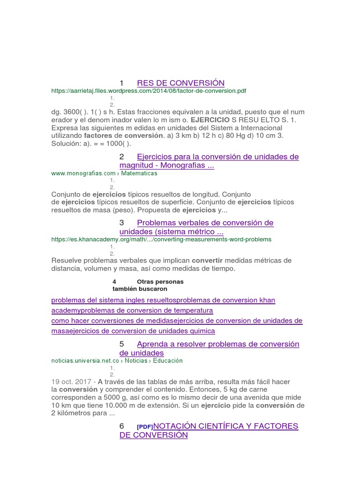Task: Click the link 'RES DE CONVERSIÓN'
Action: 180,83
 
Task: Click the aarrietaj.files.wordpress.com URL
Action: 149,91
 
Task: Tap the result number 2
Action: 122,157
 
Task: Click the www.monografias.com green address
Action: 83,173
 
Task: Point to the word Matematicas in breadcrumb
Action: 139,173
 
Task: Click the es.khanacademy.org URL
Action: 161,239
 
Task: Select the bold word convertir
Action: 208,260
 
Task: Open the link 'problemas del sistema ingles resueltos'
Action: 115,300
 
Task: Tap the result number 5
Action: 122,344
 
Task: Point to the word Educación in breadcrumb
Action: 167,360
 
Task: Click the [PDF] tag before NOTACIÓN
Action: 145,427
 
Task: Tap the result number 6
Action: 122,426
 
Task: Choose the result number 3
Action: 122,222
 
